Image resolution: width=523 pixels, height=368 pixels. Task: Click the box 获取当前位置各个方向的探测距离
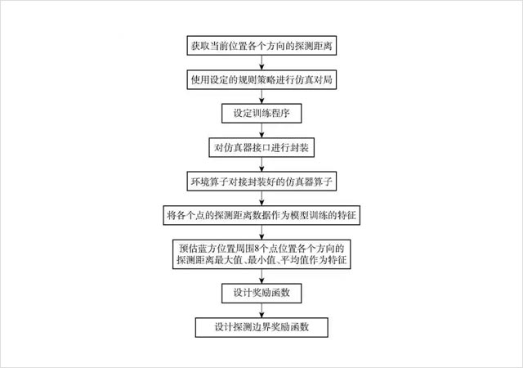(261, 46)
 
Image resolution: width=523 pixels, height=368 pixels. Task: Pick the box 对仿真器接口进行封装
(261, 148)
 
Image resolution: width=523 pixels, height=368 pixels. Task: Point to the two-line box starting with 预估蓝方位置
(261, 254)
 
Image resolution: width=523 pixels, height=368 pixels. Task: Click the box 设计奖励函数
(261, 292)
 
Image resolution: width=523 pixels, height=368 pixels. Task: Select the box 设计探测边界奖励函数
(261, 326)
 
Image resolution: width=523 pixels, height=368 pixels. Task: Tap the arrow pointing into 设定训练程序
(261, 97)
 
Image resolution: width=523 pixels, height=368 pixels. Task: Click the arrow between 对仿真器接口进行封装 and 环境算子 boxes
(261, 165)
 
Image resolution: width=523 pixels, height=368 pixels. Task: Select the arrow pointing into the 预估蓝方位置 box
(261, 233)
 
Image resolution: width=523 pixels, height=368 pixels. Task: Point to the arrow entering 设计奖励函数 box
(261, 274)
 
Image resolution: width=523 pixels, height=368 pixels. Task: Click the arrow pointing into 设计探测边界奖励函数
(261, 309)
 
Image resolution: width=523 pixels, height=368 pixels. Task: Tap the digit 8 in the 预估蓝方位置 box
(256, 247)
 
